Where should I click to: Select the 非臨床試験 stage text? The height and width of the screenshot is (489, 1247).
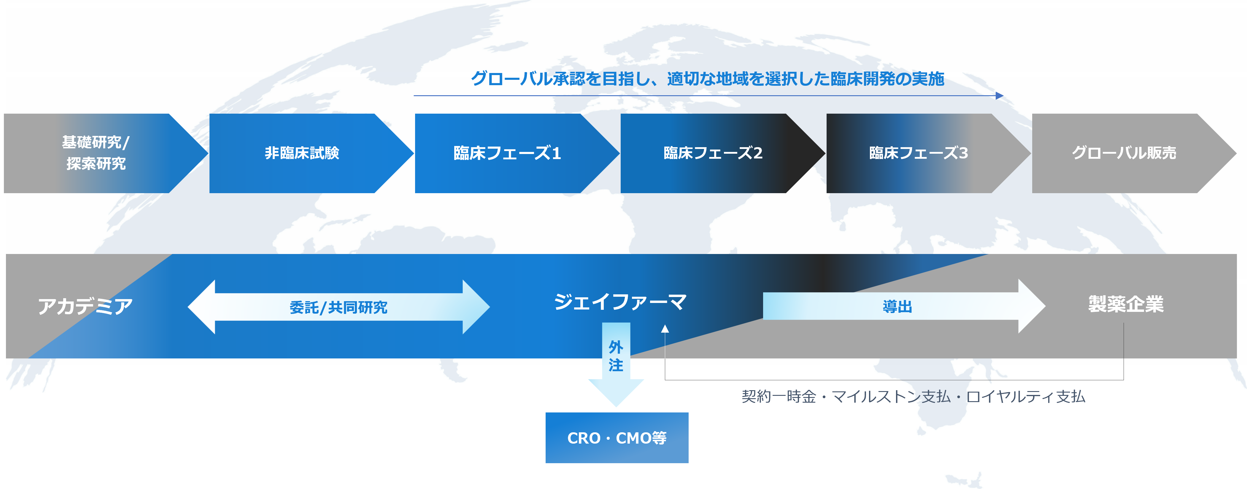301,153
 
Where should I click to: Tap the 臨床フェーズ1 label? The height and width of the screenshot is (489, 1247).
507,153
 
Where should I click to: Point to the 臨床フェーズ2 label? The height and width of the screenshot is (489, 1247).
713,153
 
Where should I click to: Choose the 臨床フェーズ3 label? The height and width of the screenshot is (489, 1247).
918,153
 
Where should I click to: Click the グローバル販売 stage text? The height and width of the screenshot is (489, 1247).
1124,153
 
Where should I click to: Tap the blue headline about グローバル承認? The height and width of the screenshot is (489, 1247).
707,78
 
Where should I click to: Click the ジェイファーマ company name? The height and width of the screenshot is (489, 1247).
620,302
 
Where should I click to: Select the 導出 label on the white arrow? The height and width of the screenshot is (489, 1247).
897,307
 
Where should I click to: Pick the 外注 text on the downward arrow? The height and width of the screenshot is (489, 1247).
616,356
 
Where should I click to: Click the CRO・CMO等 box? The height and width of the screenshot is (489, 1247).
617,438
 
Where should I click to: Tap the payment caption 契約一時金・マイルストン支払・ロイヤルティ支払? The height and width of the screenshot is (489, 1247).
913,396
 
